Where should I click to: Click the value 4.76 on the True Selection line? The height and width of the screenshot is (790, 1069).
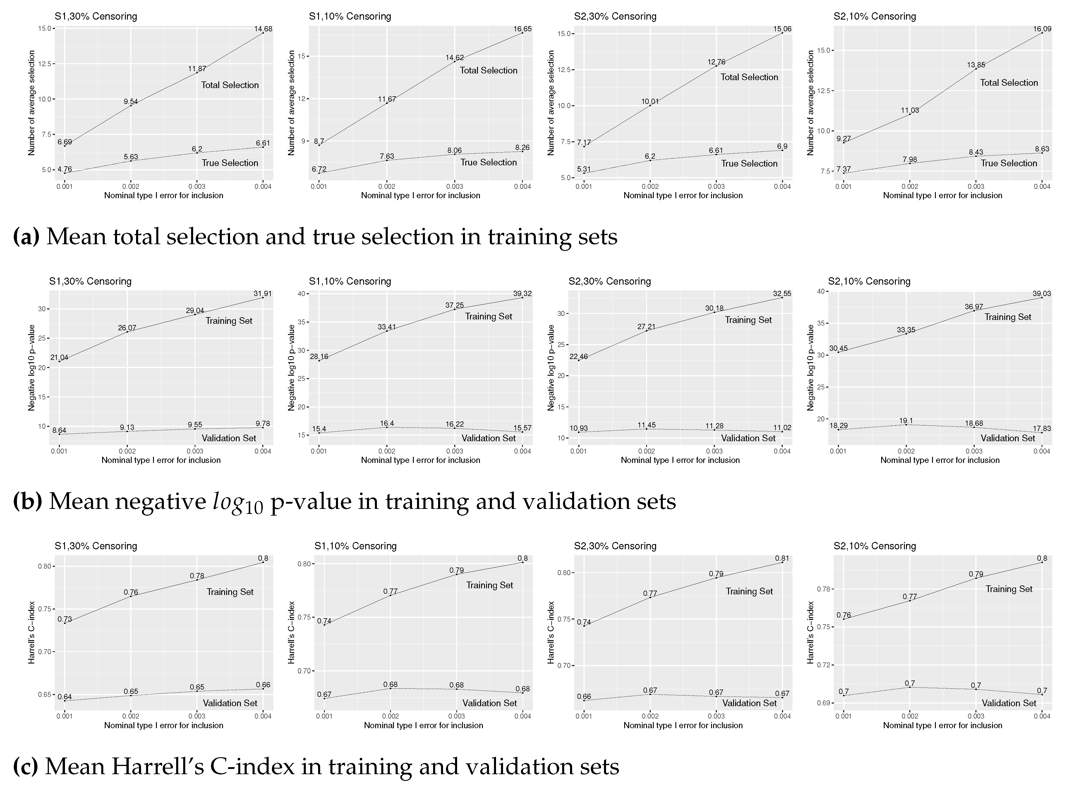point(65,169)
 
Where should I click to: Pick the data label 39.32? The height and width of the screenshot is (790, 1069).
point(522,294)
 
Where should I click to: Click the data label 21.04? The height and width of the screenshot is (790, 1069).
point(59,357)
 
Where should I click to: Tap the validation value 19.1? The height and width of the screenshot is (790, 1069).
point(906,421)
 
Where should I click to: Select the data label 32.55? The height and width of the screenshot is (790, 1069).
point(782,294)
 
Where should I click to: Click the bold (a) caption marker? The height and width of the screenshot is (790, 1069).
point(26,237)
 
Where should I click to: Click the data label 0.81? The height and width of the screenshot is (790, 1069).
point(782,558)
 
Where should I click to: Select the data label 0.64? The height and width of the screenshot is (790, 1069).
point(65,697)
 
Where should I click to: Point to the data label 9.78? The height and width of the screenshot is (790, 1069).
point(263,424)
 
